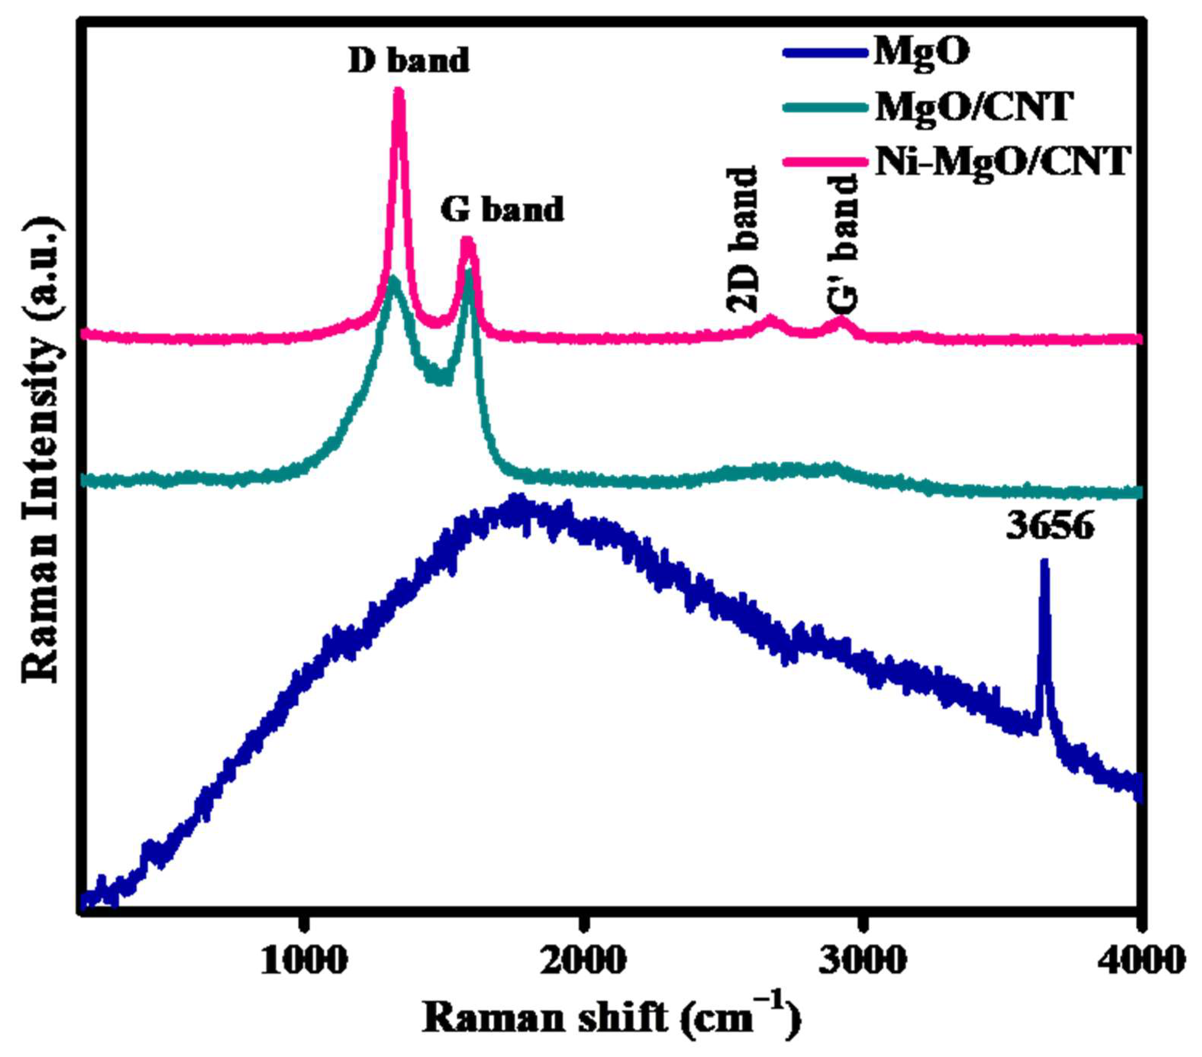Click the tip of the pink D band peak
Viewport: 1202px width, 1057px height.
tap(399, 91)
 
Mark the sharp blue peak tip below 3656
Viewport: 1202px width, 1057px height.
tap(1044, 562)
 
